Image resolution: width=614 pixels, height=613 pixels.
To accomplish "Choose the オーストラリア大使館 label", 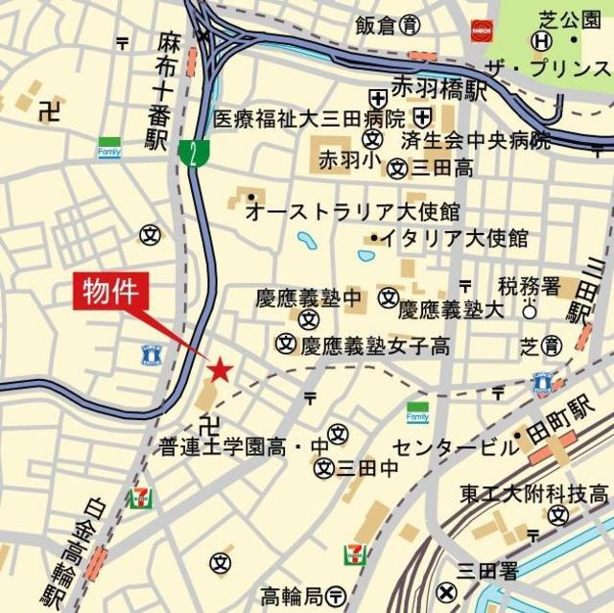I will click(x=353, y=211).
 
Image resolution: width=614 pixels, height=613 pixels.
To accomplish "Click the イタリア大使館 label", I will click(x=455, y=237).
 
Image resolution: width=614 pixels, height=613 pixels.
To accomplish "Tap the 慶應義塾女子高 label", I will click(x=375, y=345).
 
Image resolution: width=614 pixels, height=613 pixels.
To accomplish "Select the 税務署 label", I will click(x=529, y=285).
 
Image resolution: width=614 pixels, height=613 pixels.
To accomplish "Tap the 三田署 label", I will click(x=487, y=571).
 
